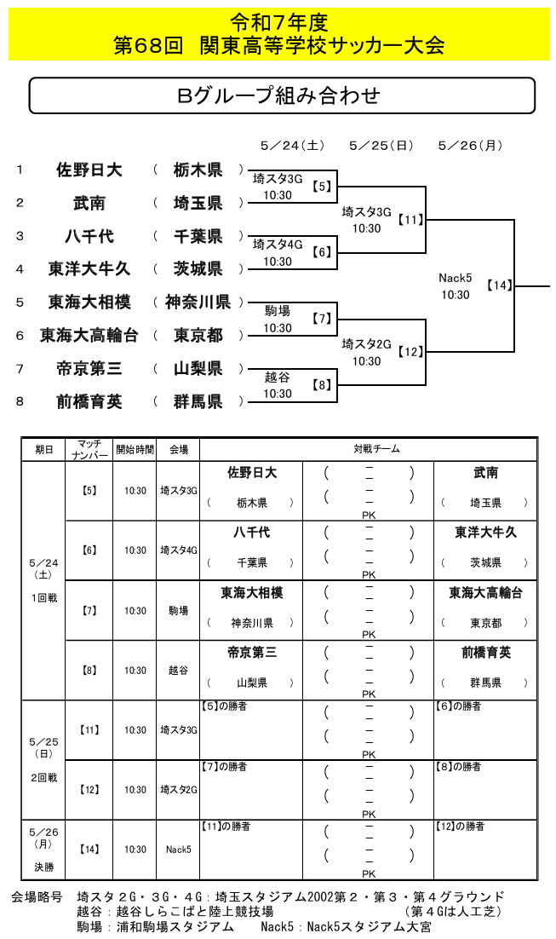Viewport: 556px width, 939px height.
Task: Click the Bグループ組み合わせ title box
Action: tap(282, 95)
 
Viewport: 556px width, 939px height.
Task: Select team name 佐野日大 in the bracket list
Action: tap(89, 170)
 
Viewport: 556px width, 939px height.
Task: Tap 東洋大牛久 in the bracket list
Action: tap(89, 269)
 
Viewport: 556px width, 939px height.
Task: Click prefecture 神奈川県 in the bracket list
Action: tap(198, 302)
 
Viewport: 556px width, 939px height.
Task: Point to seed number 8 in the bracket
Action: tap(20, 401)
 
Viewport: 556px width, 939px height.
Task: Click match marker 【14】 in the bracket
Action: tap(501, 285)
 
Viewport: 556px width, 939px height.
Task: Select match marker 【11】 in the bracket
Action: tap(412, 220)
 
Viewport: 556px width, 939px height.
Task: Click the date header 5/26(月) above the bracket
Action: tap(470, 146)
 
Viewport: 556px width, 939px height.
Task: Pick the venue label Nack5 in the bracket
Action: tap(455, 278)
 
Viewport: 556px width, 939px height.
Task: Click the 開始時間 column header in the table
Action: tap(135, 449)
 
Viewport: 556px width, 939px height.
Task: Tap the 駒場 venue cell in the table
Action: tap(178, 611)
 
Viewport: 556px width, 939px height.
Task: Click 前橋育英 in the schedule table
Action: tap(486, 653)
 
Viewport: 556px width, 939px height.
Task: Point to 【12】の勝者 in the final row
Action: tap(460, 827)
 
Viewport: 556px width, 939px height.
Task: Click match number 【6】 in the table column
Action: tap(89, 550)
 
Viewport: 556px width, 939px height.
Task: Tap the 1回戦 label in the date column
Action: tap(43, 598)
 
